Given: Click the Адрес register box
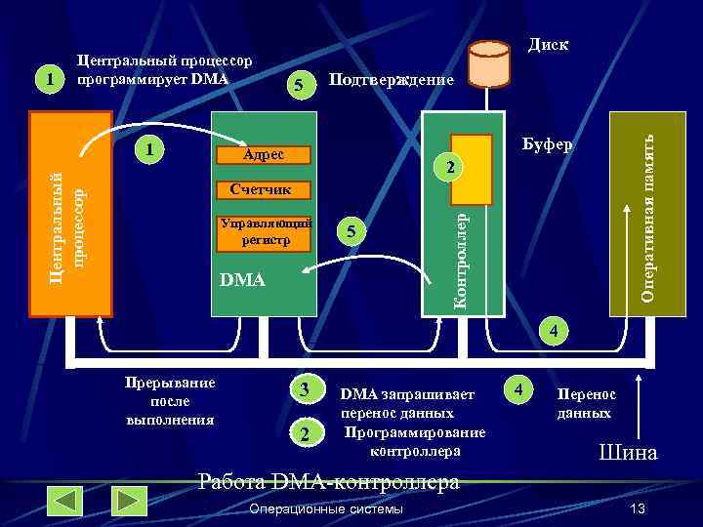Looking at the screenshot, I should coord(265,154).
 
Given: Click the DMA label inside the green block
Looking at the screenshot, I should coord(243,281).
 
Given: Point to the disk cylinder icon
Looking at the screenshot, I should coord(488,66).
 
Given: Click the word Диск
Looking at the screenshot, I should coord(549,45).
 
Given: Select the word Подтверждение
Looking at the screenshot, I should coord(392,80).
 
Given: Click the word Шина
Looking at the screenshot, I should coord(628,453).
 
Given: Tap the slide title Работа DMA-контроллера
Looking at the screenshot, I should coord(328,482).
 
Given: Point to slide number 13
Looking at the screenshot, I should coord(639,509).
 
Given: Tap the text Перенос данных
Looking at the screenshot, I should coord(586,403).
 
